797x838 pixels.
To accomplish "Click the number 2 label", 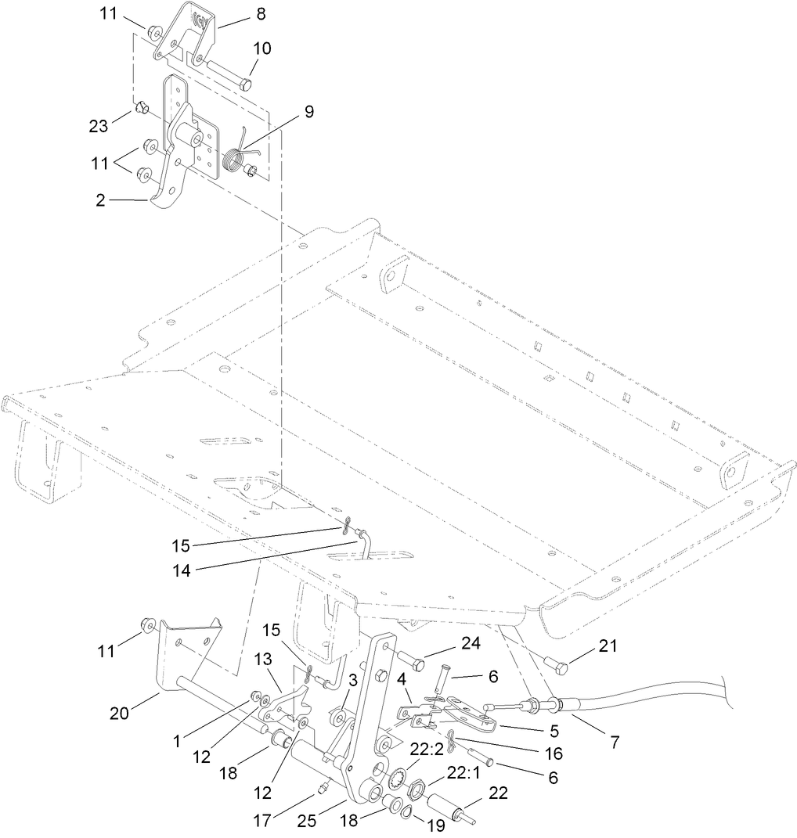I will [x=100, y=200].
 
